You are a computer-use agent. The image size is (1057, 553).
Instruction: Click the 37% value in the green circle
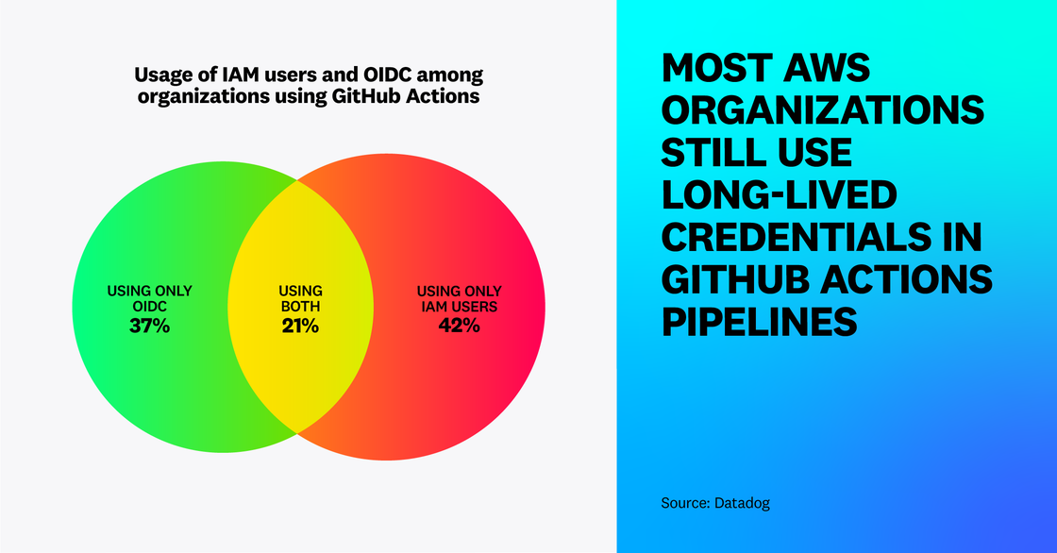150,327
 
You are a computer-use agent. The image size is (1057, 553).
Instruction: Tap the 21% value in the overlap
300,327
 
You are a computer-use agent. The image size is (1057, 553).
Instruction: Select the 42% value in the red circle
460,327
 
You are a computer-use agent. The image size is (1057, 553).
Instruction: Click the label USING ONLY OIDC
150,298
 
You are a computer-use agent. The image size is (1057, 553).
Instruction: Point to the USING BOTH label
300,298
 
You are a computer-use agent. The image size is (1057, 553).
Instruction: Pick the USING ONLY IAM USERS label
460,298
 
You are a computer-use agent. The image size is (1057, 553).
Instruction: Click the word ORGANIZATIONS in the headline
822,111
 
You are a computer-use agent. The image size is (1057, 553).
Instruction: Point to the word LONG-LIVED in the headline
778,195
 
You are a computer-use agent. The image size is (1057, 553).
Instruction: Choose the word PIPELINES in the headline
759,323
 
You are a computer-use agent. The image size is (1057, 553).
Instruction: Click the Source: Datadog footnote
715,503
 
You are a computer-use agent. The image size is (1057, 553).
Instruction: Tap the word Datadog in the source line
741,503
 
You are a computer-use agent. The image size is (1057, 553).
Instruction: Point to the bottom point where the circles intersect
298,433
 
